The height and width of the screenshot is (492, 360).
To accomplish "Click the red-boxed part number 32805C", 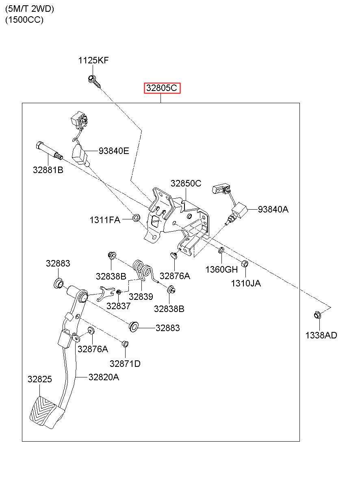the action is click(162, 88).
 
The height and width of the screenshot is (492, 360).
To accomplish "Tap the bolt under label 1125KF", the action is click(94, 82).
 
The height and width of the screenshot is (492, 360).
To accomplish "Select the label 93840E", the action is click(113, 151).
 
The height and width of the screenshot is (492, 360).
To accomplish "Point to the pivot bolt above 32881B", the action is click(49, 150).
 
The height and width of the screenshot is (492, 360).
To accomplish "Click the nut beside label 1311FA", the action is click(136, 218).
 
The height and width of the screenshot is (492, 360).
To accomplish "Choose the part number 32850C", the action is click(186, 183).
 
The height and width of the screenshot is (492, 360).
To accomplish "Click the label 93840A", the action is click(273, 209).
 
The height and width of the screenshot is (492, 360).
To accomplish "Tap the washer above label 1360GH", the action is click(221, 250).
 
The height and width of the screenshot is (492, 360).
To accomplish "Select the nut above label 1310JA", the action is click(245, 264).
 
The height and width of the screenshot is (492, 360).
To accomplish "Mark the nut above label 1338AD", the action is click(317, 315).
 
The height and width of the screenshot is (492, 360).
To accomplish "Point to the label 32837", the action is click(118, 306).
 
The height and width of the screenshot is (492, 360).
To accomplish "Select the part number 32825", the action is click(40, 379).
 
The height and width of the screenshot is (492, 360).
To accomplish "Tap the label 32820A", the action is click(104, 377).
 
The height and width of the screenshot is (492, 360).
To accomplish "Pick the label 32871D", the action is click(125, 364).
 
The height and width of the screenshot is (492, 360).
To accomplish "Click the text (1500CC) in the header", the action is click(24, 20).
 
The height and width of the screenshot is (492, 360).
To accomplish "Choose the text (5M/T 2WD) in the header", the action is click(30, 9).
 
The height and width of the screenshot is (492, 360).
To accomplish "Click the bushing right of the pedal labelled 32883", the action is click(133, 327).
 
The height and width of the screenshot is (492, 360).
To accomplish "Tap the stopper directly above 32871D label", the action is click(125, 344).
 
